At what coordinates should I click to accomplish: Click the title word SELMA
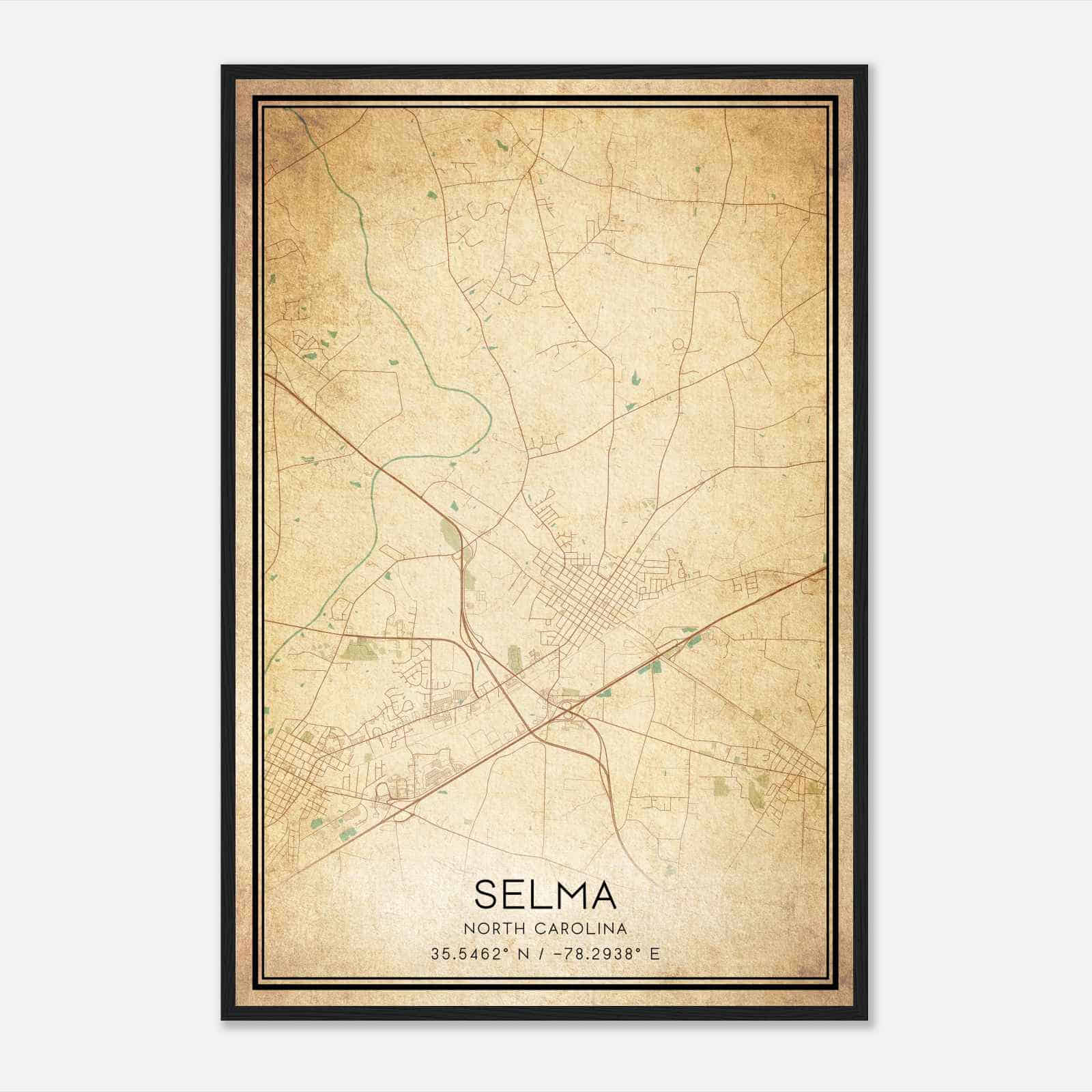(545, 894)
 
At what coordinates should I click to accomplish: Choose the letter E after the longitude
(655, 954)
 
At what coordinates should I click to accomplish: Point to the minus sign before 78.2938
(557, 954)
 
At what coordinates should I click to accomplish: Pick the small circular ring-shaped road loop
(678, 345)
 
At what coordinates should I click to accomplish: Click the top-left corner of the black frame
(222, 67)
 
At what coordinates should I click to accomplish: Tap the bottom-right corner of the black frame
(866, 1019)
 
